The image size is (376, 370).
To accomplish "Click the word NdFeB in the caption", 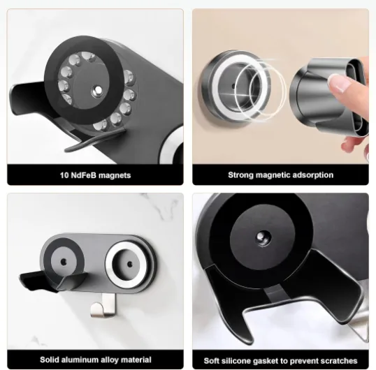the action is pyautogui.click(x=84, y=175).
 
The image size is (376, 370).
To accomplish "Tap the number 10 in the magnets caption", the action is pyautogui.click(x=64, y=175).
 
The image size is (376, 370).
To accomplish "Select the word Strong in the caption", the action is pyautogui.click(x=240, y=175).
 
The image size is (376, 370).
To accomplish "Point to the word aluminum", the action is pyautogui.click(x=80, y=360).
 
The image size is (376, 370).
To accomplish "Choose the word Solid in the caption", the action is pyautogui.click(x=50, y=360).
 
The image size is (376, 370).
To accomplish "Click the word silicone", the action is pyautogui.click(x=236, y=361).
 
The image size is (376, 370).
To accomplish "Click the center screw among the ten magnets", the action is pyautogui.click(x=98, y=90).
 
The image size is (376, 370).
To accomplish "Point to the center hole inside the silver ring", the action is pyautogui.click(x=130, y=265).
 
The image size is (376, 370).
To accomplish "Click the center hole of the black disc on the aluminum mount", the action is pyautogui.click(x=64, y=262).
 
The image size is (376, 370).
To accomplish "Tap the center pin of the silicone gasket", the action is pyautogui.click(x=262, y=237).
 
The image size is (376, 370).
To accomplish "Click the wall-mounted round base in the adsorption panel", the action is pyautogui.click(x=234, y=86).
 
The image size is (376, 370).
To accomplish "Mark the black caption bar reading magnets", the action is pyautogui.click(x=96, y=175).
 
